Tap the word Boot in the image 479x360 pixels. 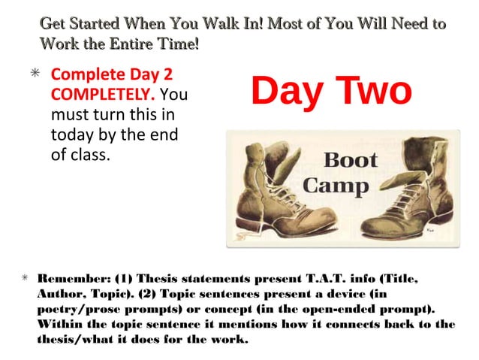pyautogui.click(x=350, y=160)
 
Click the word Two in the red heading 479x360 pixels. pyautogui.click(x=369, y=91)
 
